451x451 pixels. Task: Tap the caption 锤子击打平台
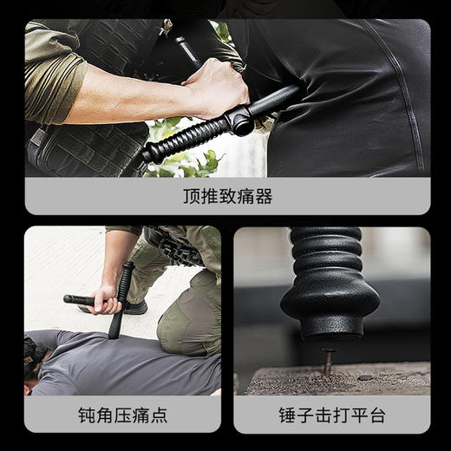[331, 415]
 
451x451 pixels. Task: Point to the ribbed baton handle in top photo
[186, 140]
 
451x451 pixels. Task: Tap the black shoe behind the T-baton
[134, 307]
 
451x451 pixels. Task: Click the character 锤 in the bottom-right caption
[288, 415]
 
